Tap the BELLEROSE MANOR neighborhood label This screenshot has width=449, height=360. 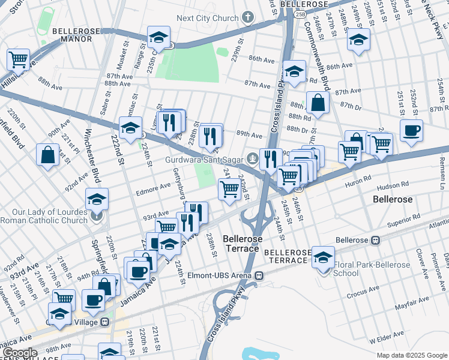click(80, 35)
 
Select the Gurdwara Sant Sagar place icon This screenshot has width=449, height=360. click(253, 159)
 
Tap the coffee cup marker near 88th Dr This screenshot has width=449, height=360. click(411, 131)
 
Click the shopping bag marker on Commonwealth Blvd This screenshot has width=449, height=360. click(318, 103)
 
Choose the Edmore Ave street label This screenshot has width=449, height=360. click(154, 187)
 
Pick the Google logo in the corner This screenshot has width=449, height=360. click(19, 353)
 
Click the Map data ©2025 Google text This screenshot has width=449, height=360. click(411, 355)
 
